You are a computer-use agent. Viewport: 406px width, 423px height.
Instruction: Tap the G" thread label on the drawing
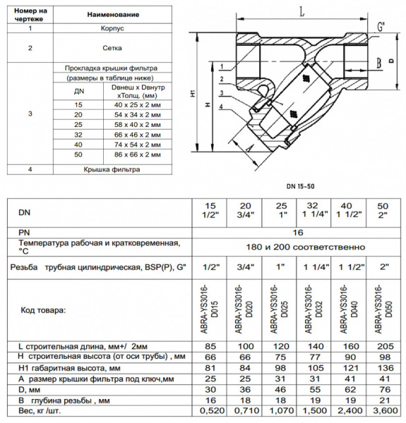[x=381, y=26]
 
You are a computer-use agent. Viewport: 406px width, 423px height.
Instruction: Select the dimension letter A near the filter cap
[x=249, y=149]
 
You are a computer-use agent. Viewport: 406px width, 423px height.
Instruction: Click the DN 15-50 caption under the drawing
[x=301, y=185]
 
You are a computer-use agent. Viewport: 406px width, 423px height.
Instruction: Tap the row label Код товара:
[x=42, y=309]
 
